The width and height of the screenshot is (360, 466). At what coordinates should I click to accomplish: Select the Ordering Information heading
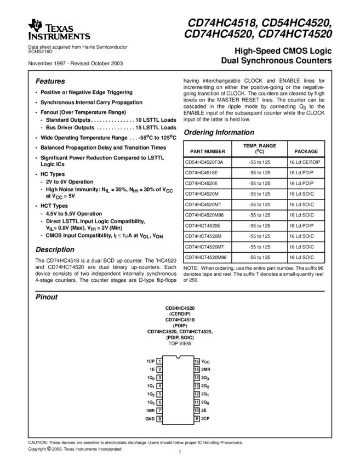(219, 132)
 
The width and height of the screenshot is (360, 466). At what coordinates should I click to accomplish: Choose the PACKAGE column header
(306, 151)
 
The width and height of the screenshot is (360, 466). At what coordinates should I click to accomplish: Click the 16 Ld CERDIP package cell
(305, 162)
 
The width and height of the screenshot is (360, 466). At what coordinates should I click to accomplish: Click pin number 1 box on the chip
(159, 361)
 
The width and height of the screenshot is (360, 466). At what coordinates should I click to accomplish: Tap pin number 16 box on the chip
(196, 361)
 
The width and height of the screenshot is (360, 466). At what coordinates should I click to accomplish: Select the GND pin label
(150, 419)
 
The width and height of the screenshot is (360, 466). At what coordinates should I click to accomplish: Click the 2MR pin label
(206, 370)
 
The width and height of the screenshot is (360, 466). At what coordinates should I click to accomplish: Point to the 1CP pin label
(150, 361)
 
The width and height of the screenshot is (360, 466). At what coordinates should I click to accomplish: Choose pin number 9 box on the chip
(196, 419)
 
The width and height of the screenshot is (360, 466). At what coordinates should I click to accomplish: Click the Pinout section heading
(47, 297)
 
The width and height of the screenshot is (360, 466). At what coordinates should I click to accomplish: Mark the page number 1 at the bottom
(179, 453)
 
